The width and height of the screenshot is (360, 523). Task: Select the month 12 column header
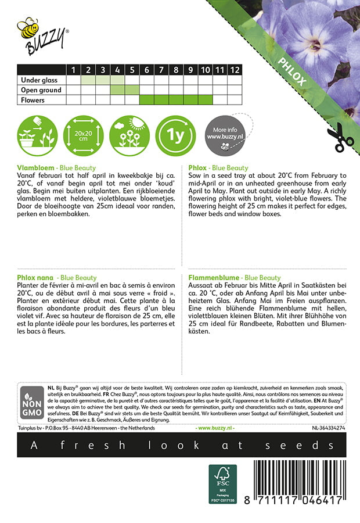[234, 70]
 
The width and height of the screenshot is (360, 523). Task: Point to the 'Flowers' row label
[33, 100]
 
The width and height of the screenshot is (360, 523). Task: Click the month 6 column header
[146, 70]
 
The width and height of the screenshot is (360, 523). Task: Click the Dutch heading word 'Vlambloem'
[35, 167]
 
